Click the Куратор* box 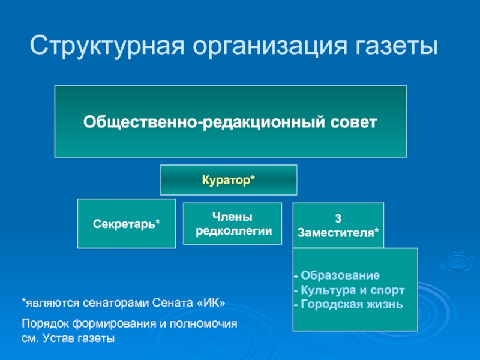click(228, 180)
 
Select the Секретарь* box click(127, 224)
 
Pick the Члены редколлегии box click(232, 224)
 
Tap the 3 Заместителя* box click(338, 224)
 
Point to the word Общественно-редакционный click(205, 122)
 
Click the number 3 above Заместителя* click(338, 218)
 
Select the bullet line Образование click(337, 276)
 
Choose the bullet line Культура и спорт click(349, 290)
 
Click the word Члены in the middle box click(232, 217)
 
